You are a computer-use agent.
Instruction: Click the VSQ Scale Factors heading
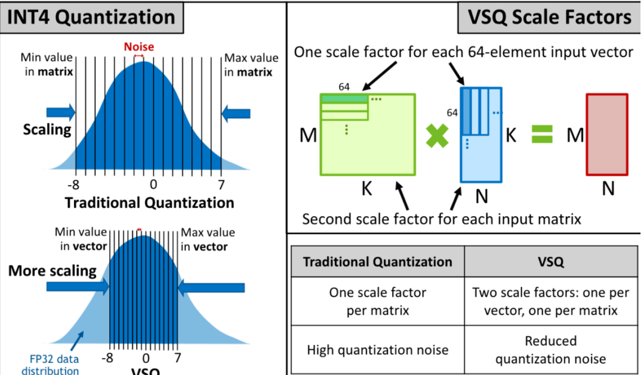549,18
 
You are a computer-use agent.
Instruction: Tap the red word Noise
139,47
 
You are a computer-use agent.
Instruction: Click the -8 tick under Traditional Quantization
75,184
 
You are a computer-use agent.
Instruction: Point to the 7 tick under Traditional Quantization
221,184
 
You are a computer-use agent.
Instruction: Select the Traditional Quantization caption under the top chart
149,203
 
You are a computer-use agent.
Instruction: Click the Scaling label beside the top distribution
47,130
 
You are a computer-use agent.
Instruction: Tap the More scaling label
52,271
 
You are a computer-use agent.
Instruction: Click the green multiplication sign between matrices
437,136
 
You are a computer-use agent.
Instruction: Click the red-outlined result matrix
606,134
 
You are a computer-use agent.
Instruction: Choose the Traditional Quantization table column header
378,262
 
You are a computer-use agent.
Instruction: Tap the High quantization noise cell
378,349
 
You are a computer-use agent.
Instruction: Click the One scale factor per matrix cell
378,301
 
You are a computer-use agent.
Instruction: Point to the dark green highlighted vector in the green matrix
345,99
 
